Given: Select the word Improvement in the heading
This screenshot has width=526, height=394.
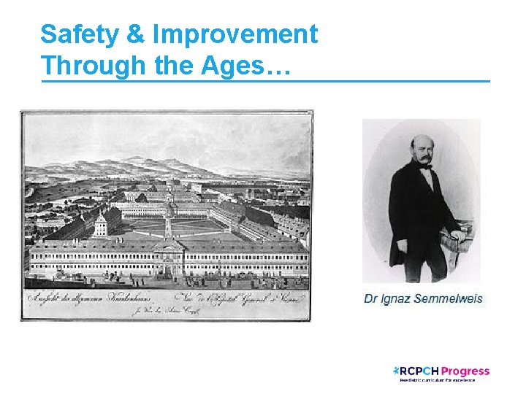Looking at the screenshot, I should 235,34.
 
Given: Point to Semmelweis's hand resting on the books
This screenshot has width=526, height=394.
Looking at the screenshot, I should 457,235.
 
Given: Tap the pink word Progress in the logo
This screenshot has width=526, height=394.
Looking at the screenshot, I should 466,371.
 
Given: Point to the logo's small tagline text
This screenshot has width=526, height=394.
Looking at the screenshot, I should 436,380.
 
